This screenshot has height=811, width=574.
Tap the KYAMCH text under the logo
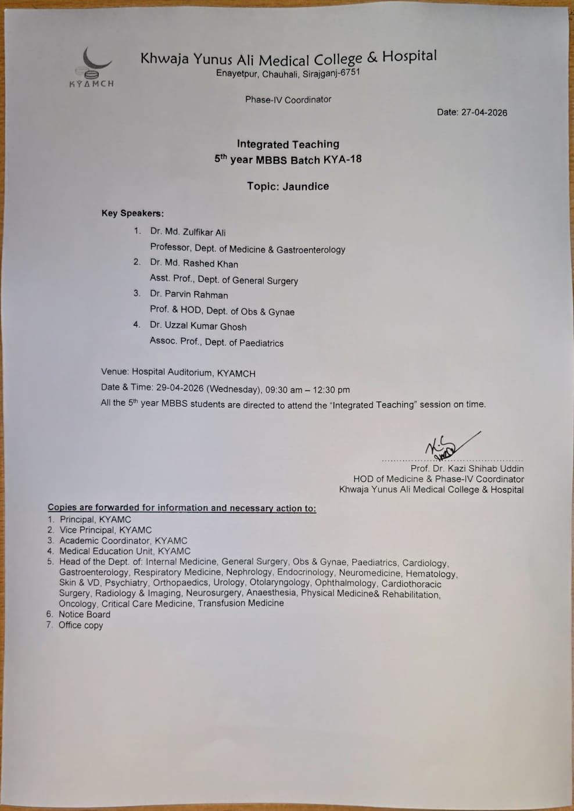coord(91,84)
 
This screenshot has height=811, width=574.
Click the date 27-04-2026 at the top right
coord(484,113)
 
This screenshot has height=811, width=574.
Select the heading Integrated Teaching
coord(288,144)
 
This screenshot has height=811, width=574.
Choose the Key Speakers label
coord(132,213)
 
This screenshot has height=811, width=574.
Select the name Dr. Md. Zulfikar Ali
coord(188,232)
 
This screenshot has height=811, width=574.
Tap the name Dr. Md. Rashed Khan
coord(194,264)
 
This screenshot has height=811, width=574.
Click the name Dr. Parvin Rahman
coord(189,295)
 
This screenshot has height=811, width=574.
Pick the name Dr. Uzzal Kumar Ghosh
coord(198,326)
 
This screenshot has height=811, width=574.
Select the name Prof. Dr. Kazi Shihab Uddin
coord(467,468)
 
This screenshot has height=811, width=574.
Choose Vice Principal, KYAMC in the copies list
coord(105,530)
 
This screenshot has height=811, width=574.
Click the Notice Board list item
coord(84,615)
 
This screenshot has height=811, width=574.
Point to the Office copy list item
coord(81,626)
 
